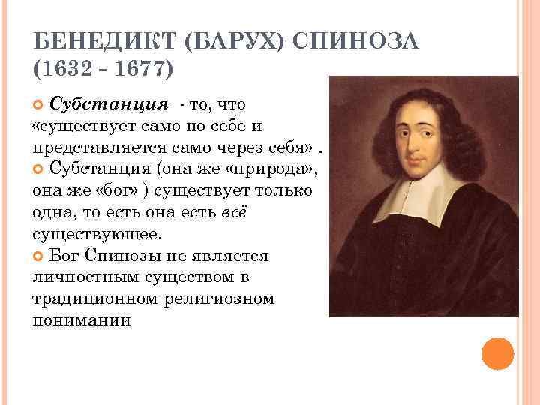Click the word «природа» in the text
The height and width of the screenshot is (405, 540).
point(279,166)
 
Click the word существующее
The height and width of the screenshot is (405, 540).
point(95,233)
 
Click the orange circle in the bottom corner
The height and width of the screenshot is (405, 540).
point(497,353)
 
